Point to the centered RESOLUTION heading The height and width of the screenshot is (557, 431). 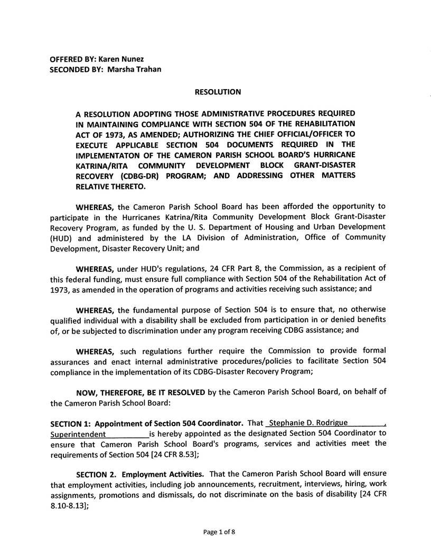(218, 92)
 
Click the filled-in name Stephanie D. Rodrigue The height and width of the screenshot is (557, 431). (308, 424)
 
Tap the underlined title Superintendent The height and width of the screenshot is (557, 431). (78, 434)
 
